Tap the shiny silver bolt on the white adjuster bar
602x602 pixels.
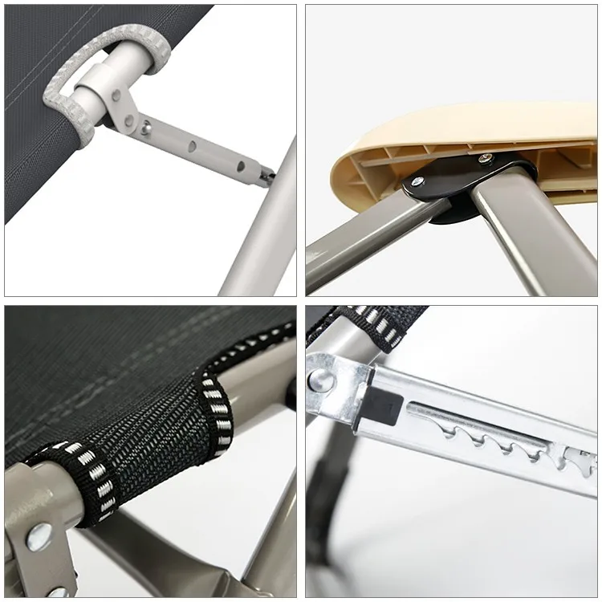[x=146, y=125]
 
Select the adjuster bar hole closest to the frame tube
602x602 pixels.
[x=239, y=167]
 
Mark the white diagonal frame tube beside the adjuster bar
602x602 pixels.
[x=257, y=233]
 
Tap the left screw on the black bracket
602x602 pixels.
[x=419, y=181]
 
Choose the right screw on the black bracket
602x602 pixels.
[x=485, y=158]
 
